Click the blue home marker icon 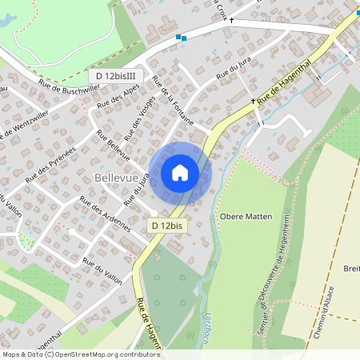coord(180,173)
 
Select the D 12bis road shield coord(167,226)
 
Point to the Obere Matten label coord(246,217)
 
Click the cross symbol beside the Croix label coord(232,20)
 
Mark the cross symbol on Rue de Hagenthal coord(253,102)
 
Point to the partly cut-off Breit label coord(352,268)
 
